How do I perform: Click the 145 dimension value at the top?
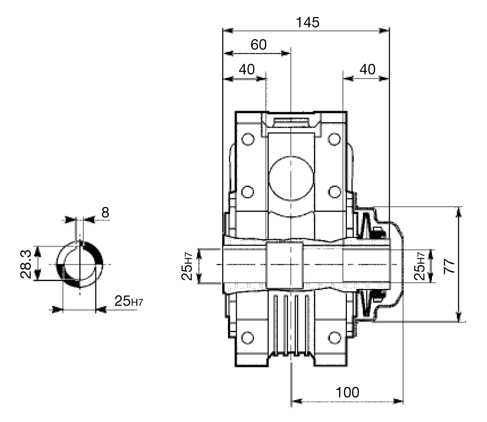click(x=307, y=22)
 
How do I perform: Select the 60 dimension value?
click(x=259, y=45)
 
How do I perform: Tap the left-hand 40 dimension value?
click(x=246, y=69)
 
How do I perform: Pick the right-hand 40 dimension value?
click(x=367, y=69)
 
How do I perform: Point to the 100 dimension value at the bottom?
click(x=348, y=392)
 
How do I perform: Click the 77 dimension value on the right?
click(x=450, y=266)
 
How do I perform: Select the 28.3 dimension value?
click(x=26, y=264)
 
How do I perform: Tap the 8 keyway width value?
click(x=105, y=212)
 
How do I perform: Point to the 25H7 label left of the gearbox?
click(x=187, y=267)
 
